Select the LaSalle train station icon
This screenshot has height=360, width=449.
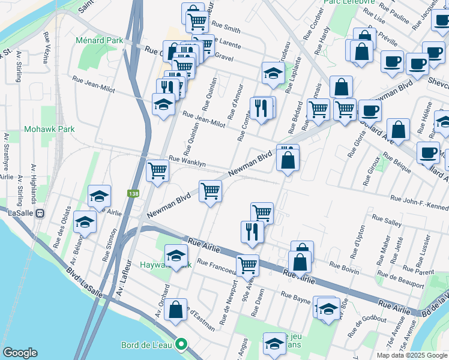click(40, 213)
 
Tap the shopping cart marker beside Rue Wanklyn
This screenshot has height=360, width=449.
click(157, 171)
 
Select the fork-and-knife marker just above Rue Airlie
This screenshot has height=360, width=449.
click(252, 232)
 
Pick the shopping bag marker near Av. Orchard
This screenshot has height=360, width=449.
click(176, 310)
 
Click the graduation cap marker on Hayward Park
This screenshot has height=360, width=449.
click(176, 256)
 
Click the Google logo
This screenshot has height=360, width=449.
click(20, 353)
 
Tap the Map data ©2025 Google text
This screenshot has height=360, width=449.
click(411, 355)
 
